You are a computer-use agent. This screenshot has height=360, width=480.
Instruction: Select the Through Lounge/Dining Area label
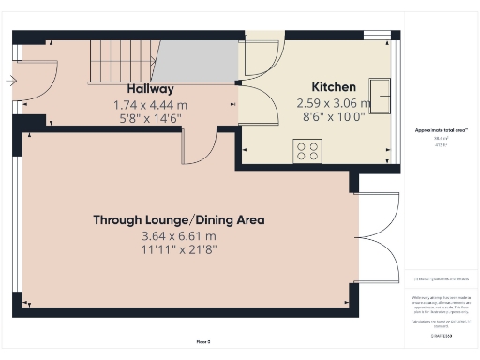coord(178,220)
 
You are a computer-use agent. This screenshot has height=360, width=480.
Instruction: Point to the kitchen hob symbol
coord(307,151)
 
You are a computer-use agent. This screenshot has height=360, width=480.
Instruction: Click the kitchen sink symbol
coord(381,92)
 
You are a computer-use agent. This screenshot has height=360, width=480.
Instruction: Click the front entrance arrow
coord(9,82)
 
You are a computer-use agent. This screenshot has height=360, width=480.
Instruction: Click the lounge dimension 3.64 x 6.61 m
coord(178,236)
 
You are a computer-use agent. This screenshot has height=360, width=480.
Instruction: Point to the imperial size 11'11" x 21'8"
coord(178,251)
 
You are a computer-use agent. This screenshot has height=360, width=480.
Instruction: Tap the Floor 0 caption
coord(202,343)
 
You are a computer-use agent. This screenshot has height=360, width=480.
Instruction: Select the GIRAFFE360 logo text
coord(440,334)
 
